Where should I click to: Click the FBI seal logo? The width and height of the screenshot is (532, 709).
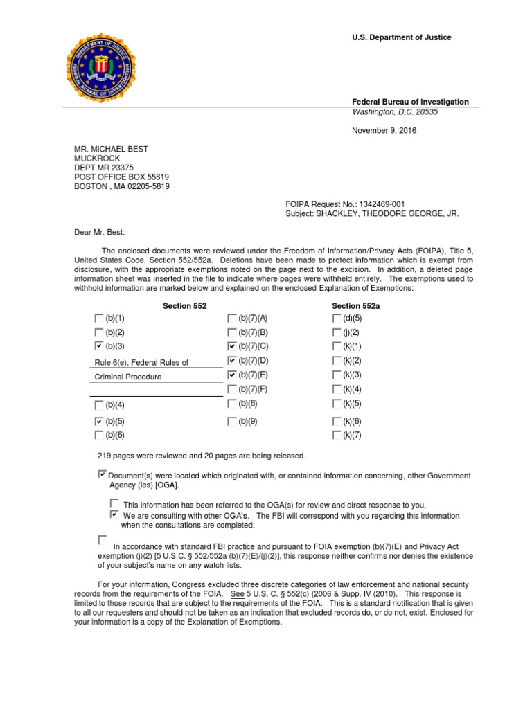pyautogui.click(x=107, y=69)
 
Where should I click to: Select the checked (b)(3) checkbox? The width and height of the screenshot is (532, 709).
pyautogui.click(x=98, y=345)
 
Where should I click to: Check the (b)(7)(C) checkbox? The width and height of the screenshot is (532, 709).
pyautogui.click(x=232, y=345)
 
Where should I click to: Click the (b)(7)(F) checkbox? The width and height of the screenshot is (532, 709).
pyautogui.click(x=232, y=389)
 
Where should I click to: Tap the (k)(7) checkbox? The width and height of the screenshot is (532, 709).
pyautogui.click(x=337, y=436)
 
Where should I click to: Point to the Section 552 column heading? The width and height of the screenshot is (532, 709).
pyautogui.click(x=184, y=305)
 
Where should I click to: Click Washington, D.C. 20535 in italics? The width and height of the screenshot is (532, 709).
pyautogui.click(x=395, y=111)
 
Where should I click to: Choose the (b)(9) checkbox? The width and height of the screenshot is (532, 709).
pyautogui.click(x=232, y=420)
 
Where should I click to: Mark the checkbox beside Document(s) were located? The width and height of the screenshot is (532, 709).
pyautogui.click(x=103, y=474)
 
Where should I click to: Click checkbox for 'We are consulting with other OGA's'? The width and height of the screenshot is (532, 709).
pyautogui.click(x=114, y=514)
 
